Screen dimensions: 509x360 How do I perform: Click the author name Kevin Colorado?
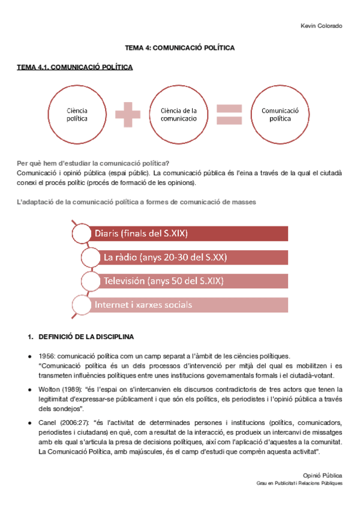(321, 26)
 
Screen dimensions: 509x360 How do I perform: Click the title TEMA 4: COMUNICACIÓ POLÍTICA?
(179, 46)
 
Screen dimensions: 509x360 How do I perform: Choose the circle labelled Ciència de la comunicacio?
(179, 115)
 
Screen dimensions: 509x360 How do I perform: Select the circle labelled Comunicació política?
(280, 115)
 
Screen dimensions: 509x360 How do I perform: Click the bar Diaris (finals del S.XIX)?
(180, 233)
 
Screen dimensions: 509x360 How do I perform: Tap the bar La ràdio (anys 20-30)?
(180, 257)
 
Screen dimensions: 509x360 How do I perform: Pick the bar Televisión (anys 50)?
(180, 280)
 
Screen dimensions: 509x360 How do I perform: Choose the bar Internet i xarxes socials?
(180, 304)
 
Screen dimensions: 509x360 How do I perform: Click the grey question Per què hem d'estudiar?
(93, 163)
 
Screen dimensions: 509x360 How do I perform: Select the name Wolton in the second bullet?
(49, 390)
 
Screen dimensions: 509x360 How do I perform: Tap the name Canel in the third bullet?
(47, 423)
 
